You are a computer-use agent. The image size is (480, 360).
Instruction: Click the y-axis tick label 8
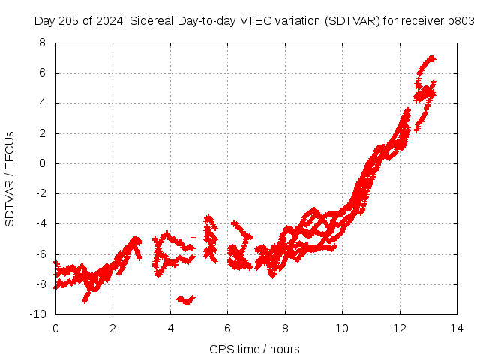point(42,43)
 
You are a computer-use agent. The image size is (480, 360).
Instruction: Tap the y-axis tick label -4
point(40,223)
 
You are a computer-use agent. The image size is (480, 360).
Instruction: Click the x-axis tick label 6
point(228,328)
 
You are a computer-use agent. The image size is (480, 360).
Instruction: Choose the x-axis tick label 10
point(342,328)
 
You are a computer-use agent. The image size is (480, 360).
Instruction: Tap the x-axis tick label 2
point(113,328)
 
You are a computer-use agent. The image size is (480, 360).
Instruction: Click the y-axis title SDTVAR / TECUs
point(10,178)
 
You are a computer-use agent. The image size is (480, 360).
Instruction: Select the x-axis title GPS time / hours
point(254,349)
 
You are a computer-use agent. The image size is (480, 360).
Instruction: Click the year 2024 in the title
point(109,21)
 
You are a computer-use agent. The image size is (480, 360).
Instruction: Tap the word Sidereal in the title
point(151,21)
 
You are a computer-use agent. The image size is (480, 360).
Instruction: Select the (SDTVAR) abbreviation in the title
point(352,21)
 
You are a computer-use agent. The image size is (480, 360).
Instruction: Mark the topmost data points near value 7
point(430,58)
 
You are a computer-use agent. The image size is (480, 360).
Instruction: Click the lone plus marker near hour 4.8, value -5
point(193,237)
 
